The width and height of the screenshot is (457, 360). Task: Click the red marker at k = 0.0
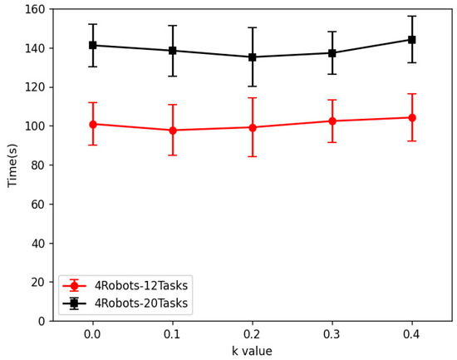pos(93,124)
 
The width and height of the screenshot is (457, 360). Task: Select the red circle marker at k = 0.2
pos(253,127)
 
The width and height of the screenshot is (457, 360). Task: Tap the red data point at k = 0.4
pos(412,117)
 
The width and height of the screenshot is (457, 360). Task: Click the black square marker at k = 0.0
pos(93,45)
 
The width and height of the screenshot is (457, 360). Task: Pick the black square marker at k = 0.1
pos(173,51)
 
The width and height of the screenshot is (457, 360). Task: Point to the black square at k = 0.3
pos(332,53)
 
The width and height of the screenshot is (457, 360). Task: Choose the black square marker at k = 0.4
pos(412,39)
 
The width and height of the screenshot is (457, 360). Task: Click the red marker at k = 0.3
pos(332,121)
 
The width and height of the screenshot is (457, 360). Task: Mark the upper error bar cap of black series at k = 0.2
pos(253,27)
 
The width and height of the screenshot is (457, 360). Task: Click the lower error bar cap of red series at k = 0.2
pos(253,156)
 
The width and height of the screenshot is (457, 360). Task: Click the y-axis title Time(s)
pos(12,165)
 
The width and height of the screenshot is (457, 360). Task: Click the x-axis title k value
pos(252,351)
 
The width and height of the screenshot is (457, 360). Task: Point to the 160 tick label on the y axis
pos(32,9)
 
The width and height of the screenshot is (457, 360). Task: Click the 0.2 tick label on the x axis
pos(253,333)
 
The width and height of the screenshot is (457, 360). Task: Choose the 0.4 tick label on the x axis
pos(412,333)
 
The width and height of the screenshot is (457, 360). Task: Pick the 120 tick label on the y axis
pos(32,87)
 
